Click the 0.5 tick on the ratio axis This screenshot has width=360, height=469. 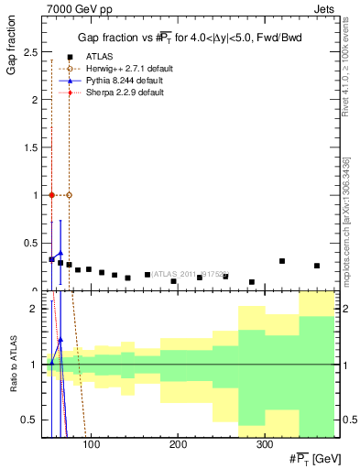point(30,420)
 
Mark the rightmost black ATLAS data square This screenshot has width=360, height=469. point(317,266)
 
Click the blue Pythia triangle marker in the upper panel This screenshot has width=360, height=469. point(60,254)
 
